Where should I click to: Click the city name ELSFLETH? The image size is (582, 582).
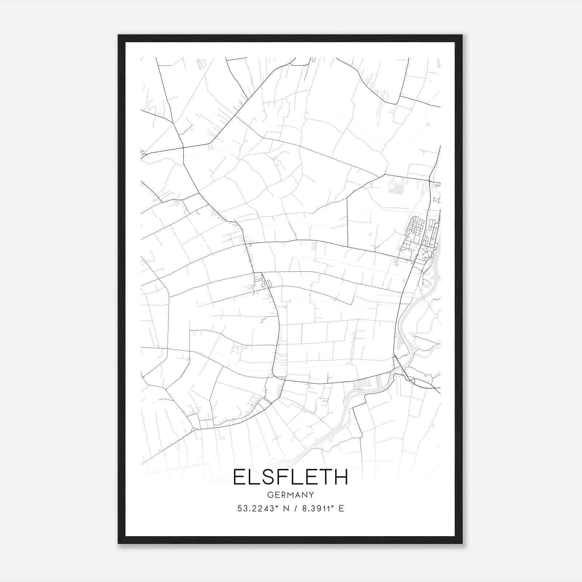click(x=290, y=477)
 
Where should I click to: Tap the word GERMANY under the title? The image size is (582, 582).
click(x=290, y=495)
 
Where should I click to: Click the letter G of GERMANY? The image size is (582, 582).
click(x=270, y=495)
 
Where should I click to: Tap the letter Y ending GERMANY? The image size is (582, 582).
click(x=311, y=495)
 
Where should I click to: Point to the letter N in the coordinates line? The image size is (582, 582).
click(x=285, y=509)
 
